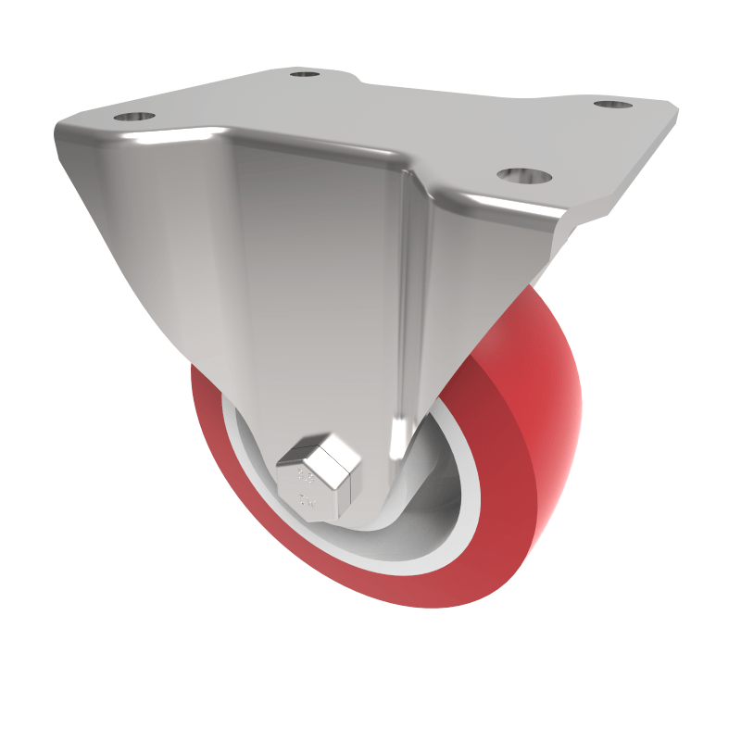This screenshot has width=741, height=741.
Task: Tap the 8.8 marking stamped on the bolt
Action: (x=303, y=477)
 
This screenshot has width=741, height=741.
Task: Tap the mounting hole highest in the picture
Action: (x=302, y=73)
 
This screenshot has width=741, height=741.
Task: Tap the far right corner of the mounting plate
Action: (x=675, y=109)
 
